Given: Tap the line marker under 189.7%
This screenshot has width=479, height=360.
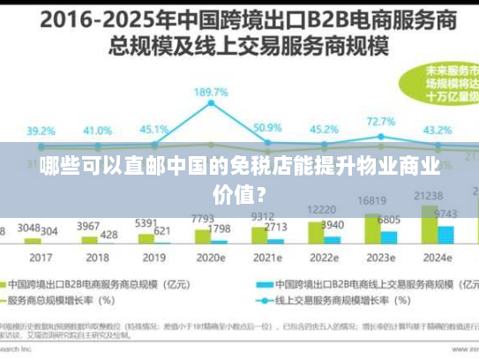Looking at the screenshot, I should (213, 104).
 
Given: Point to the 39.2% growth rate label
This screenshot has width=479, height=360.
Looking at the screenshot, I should (40, 131).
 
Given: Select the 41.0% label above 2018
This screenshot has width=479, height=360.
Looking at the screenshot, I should (97, 130).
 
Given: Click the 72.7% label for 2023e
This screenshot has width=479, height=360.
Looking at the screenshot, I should (380, 121).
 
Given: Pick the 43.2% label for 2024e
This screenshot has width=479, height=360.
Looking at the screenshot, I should (438, 130).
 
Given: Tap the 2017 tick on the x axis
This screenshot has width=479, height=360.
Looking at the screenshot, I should (40, 258).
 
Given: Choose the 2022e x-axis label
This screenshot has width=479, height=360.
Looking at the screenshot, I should (324, 258).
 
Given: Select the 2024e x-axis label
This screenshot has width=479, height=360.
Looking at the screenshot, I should (438, 258).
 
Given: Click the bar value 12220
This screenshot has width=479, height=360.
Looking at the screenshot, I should (321, 209).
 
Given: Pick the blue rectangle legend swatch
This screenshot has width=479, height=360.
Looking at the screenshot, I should (261, 284).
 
